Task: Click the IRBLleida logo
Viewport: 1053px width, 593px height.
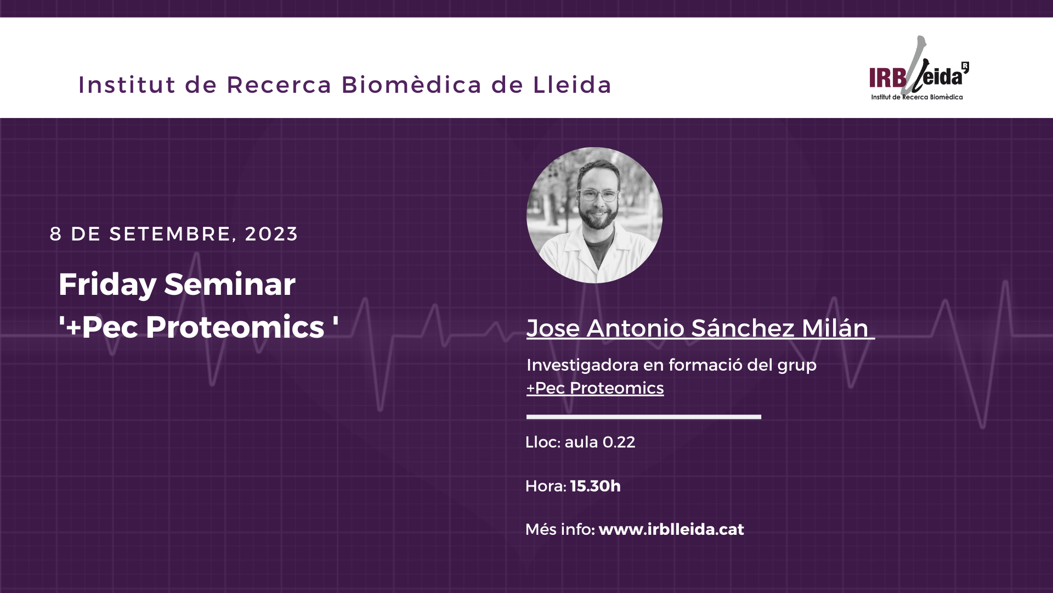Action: (919, 69)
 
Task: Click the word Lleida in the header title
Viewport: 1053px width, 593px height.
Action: (572, 85)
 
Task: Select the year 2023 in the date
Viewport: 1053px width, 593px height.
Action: (271, 234)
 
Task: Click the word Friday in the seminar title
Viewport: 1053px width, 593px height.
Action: (107, 285)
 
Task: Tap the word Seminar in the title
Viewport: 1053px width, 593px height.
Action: (230, 284)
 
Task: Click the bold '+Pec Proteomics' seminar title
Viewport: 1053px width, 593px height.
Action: (199, 327)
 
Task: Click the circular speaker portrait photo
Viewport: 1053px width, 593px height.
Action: (595, 215)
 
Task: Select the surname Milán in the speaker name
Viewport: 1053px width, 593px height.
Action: (835, 328)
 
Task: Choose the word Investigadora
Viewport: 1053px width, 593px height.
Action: (582, 365)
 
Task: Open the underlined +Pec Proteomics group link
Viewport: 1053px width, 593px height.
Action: (595, 388)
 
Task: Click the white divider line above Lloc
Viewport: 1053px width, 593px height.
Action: (644, 417)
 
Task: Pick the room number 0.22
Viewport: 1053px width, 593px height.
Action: (619, 442)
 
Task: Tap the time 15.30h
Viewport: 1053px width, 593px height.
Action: (596, 486)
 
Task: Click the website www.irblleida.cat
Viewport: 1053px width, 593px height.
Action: (671, 529)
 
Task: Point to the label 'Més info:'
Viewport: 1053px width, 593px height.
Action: (560, 529)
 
